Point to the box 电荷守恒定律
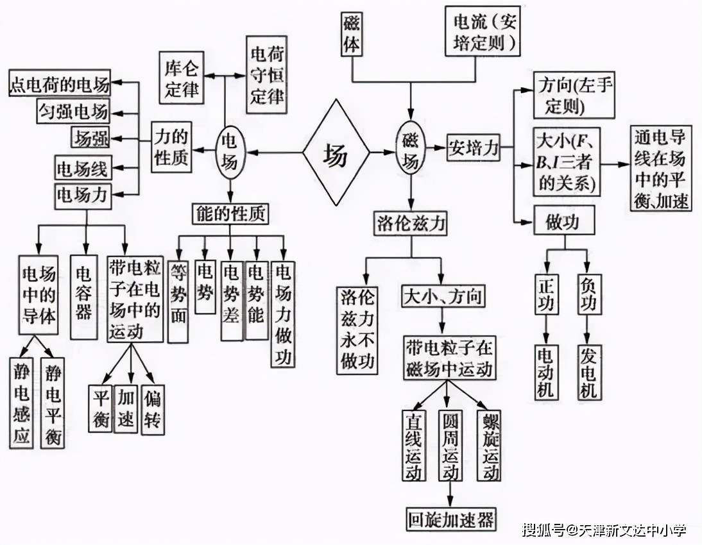[266, 76]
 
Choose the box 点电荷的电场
[59, 83]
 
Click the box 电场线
[83, 169]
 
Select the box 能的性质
[230, 214]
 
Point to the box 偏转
[153, 409]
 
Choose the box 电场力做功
[282, 314]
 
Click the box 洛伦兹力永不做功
[357, 330]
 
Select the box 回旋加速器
[451, 519]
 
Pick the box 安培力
[474, 148]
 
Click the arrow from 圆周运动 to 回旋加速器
[450, 493]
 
